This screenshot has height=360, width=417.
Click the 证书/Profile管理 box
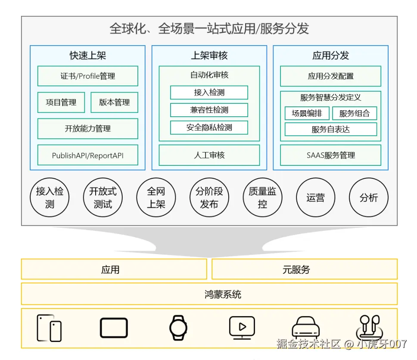pos(88,76)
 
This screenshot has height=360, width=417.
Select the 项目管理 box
pos(61,102)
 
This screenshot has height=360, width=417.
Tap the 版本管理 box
pos(115,102)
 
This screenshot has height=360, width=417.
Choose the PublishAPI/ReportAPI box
pos(88,155)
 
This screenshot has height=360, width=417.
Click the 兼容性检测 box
pos(209,110)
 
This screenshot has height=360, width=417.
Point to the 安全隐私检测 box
pos(209,127)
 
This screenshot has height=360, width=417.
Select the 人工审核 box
pos(209,155)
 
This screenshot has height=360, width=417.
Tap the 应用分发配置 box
pos(330,76)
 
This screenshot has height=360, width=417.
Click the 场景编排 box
pos(307,113)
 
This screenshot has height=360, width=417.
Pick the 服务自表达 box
pos(330,129)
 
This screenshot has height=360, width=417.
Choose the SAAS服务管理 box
pos(330,155)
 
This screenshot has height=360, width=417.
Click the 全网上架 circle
pos(156,198)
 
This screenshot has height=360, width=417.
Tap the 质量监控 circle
pos(262,198)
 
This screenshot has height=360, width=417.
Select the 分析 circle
pos(369,198)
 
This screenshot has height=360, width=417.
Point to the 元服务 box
pos(305,270)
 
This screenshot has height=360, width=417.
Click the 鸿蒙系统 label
pos(223,295)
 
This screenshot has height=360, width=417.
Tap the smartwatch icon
pos(178,328)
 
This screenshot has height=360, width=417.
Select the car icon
pos(306,328)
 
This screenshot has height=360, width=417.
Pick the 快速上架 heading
pos(88,56)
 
